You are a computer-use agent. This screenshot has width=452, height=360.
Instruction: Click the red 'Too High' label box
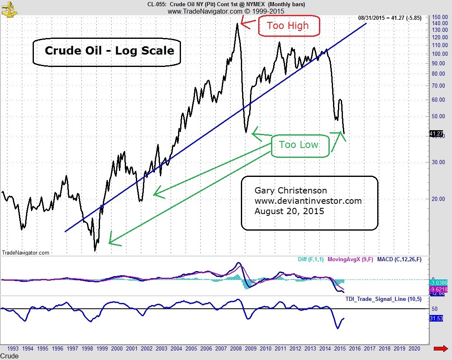click(x=289, y=26)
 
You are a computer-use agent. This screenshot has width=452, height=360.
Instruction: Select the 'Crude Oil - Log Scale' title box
click(x=107, y=51)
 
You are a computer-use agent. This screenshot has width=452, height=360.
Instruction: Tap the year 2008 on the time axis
click(x=236, y=348)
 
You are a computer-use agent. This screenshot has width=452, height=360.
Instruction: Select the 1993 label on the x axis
click(x=12, y=348)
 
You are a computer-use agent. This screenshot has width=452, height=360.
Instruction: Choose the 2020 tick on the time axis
click(x=414, y=348)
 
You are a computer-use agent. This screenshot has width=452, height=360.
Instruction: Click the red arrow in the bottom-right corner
click(x=441, y=349)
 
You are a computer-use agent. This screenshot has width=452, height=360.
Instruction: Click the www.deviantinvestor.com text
click(x=308, y=201)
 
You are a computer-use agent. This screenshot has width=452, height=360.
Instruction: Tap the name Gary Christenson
click(x=290, y=191)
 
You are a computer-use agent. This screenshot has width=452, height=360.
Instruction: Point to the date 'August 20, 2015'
click(x=289, y=211)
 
